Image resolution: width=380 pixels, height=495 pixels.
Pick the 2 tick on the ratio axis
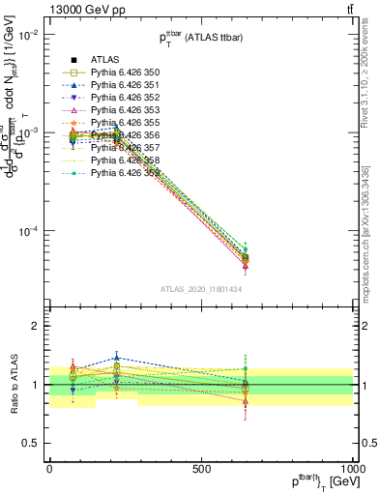click(x=37, y=327)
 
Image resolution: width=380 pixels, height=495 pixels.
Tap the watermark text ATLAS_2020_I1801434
click(x=201, y=289)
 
